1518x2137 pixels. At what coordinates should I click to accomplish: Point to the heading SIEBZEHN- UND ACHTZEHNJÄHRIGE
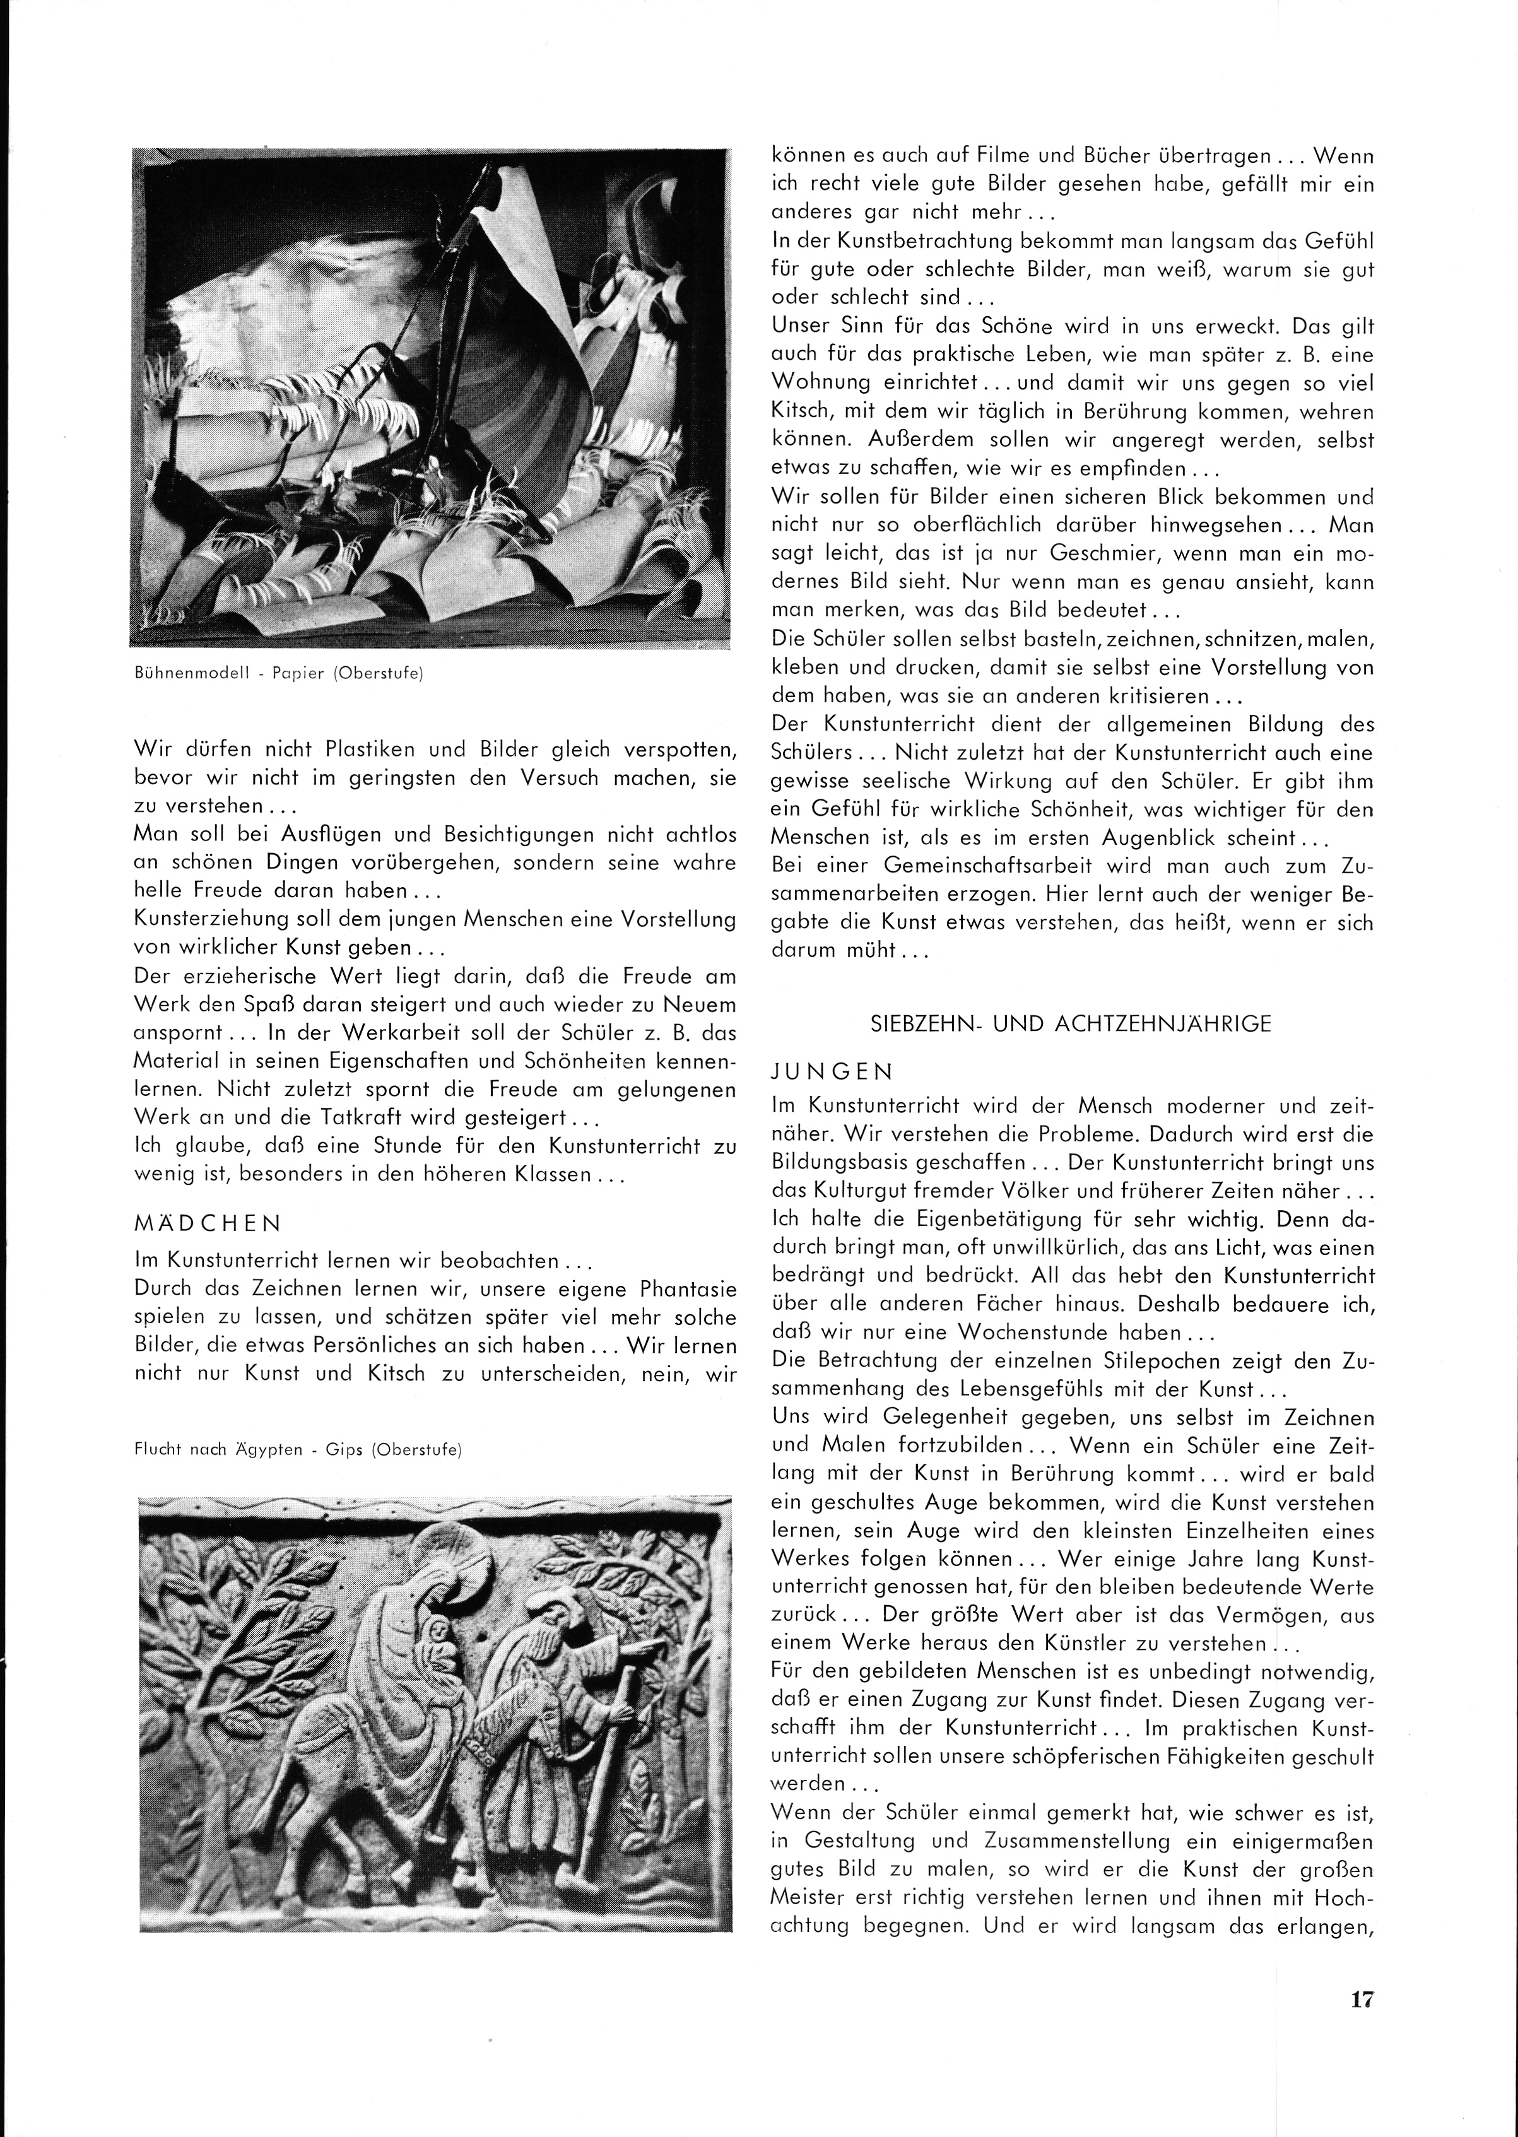tap(1070, 1023)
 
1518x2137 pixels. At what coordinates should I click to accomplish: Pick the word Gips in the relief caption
tap(387, 1450)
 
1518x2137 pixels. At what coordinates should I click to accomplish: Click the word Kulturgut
tap(869, 1192)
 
